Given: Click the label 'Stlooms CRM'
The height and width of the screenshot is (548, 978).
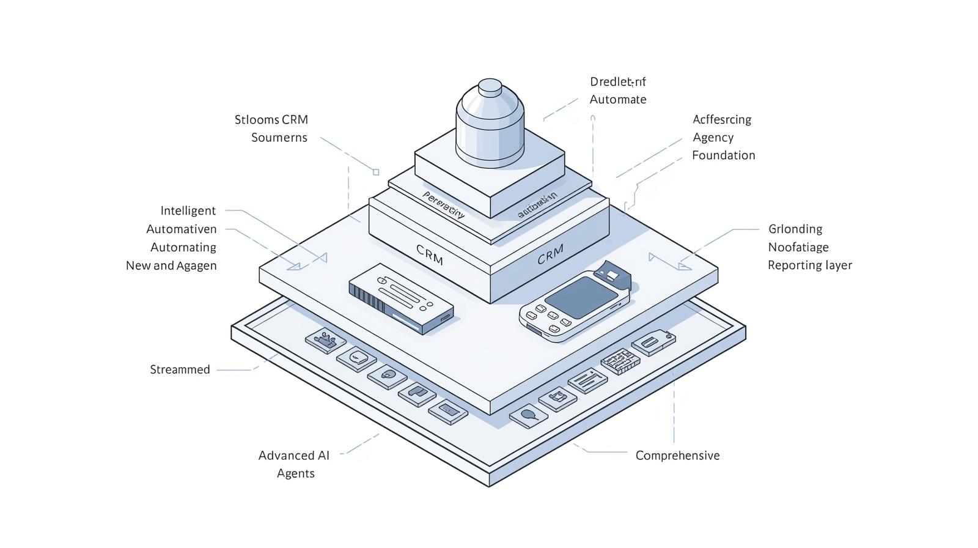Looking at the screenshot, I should pyautogui.click(x=271, y=120).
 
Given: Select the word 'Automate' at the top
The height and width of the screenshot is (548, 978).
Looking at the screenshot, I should pyautogui.click(x=617, y=100).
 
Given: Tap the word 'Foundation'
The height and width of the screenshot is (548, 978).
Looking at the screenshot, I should pyautogui.click(x=723, y=155).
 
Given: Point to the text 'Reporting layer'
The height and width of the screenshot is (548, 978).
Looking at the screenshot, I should pyautogui.click(x=809, y=265).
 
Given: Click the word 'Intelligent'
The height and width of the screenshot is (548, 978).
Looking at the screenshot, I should pyautogui.click(x=188, y=211).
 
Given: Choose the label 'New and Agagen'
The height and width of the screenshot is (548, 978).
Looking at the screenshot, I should pyautogui.click(x=171, y=266).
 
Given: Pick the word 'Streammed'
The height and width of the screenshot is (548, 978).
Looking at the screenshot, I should pyautogui.click(x=180, y=370).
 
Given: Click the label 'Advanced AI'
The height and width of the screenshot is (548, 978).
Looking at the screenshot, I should pyautogui.click(x=293, y=456).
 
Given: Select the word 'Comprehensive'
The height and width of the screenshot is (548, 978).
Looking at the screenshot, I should pyautogui.click(x=677, y=456).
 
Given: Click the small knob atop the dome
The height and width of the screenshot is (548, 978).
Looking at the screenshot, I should pyautogui.click(x=490, y=87).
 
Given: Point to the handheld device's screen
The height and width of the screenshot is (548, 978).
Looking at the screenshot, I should pyautogui.click(x=581, y=293).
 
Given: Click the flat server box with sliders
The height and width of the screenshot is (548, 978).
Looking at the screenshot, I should pyautogui.click(x=400, y=298).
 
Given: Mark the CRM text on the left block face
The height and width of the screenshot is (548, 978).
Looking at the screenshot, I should pyautogui.click(x=430, y=254).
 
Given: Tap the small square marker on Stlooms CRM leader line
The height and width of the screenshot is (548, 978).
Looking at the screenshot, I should pyautogui.click(x=376, y=172).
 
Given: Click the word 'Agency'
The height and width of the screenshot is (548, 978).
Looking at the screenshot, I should pyautogui.click(x=713, y=138).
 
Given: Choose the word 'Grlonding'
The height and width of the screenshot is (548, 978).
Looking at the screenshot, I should pyautogui.click(x=795, y=229).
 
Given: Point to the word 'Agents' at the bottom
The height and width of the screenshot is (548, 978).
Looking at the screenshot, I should pyautogui.click(x=295, y=473).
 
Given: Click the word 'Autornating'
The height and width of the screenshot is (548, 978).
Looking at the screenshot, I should pyautogui.click(x=183, y=248).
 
